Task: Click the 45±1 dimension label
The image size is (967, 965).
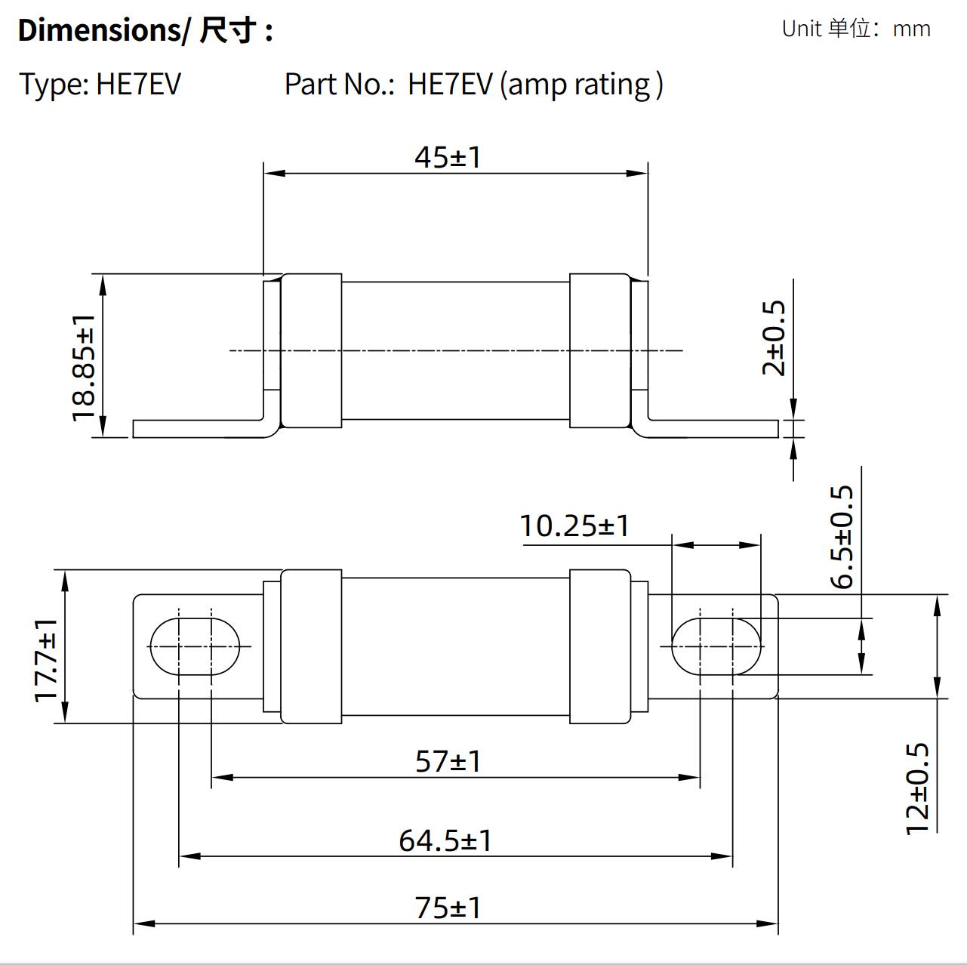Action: pyautogui.click(x=447, y=157)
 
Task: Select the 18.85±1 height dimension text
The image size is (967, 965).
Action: pyautogui.click(x=84, y=368)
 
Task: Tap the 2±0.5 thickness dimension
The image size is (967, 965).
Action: pyautogui.click(x=775, y=338)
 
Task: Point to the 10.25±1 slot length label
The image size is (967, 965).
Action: pyautogui.click(x=574, y=526)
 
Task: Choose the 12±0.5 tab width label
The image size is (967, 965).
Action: pyautogui.click(x=917, y=788)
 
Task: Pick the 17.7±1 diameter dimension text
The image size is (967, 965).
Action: pyautogui.click(x=47, y=659)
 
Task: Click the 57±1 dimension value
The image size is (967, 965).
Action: pyautogui.click(x=448, y=761)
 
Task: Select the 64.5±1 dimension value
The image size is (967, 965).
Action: pyautogui.click(x=445, y=840)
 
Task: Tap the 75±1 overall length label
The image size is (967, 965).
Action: pyautogui.click(x=448, y=908)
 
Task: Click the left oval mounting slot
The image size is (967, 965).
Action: pyautogui.click(x=195, y=646)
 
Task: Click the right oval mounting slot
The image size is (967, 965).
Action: pyautogui.click(x=716, y=646)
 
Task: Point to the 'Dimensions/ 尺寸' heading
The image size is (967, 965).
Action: pyautogui.click(x=144, y=30)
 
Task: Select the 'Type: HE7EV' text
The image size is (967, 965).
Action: pyautogui.click(x=100, y=84)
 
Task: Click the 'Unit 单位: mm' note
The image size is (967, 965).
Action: pyautogui.click(x=855, y=29)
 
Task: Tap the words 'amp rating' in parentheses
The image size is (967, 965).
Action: pyautogui.click(x=580, y=85)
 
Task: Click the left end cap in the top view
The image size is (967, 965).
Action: pyautogui.click(x=311, y=350)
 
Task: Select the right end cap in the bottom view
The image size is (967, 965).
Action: pyautogui.click(x=599, y=646)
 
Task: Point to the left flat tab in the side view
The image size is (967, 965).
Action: pyautogui.click(x=200, y=428)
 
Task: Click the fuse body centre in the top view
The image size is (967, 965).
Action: pyautogui.click(x=455, y=350)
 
